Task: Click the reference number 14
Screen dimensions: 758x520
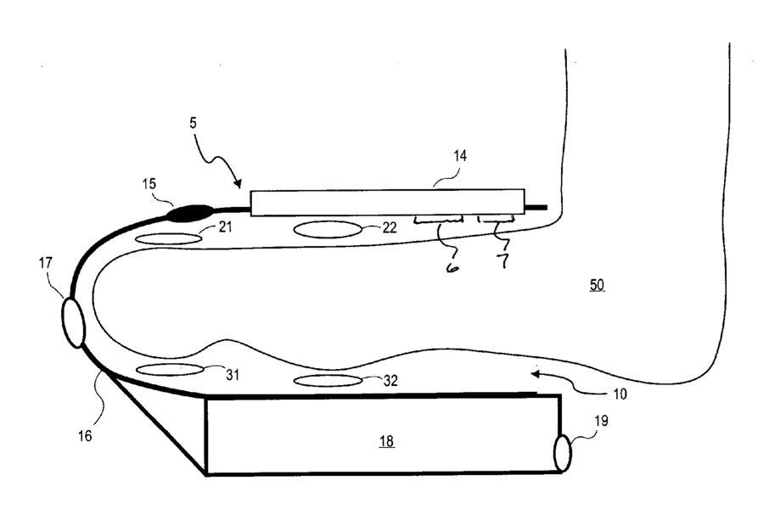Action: (460, 156)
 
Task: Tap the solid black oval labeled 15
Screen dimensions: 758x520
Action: (189, 213)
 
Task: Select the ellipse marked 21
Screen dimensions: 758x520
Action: (170, 239)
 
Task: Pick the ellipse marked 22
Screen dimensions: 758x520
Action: (328, 229)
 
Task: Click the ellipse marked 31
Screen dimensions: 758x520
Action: (170, 369)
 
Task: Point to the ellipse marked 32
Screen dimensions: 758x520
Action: (328, 380)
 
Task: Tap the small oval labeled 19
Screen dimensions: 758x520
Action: (562, 452)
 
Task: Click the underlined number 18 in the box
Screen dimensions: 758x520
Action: (386, 442)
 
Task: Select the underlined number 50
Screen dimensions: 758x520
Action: (598, 286)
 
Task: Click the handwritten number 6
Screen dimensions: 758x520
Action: (453, 267)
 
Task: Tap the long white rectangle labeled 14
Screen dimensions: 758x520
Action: (387, 203)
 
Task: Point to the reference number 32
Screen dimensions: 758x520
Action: (390, 382)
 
